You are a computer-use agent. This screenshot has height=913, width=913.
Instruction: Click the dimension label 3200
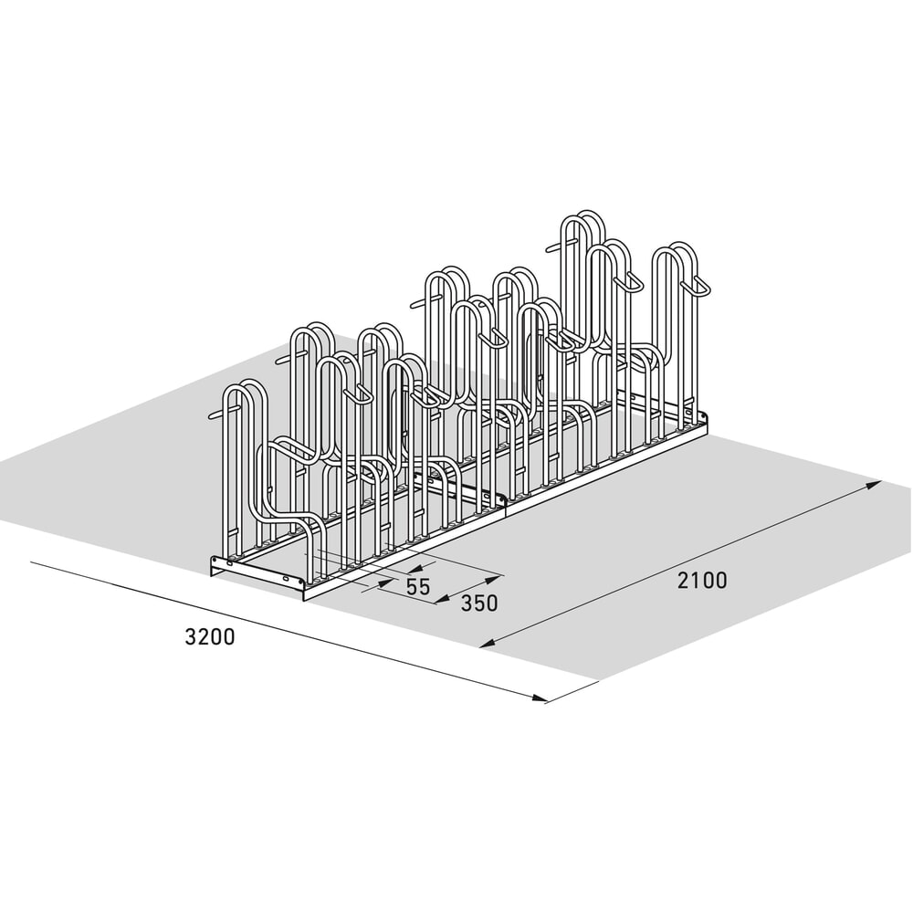[210, 636]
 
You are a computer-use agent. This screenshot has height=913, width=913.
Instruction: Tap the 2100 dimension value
[702, 581]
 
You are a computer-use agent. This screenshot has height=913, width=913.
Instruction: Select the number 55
[418, 586]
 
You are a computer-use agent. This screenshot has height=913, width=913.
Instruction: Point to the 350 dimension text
[479, 603]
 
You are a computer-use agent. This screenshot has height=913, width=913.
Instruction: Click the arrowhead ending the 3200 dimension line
[540, 698]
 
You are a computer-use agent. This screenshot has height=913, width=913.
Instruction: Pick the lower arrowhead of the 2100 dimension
[488, 643]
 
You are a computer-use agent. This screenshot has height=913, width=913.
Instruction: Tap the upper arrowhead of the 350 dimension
[494, 579]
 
